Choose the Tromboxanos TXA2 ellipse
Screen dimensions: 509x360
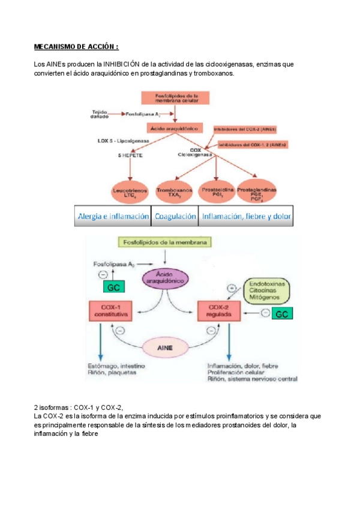click(x=174, y=192)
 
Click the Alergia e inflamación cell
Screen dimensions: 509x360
click(x=112, y=217)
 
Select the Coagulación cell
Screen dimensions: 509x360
click(x=175, y=217)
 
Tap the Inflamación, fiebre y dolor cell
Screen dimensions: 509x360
click(x=246, y=217)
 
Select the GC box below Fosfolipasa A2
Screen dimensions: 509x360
click(x=113, y=288)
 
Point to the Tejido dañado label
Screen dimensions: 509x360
click(x=99, y=113)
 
